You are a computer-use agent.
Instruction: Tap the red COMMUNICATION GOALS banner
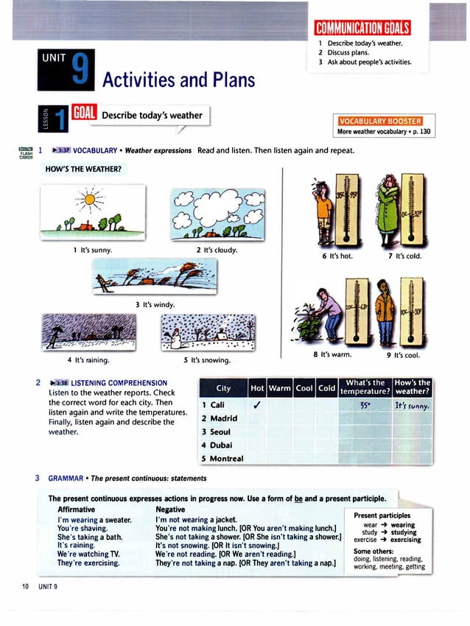(x=362, y=29)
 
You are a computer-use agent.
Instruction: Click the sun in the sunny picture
(x=90, y=198)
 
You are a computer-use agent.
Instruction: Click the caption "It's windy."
(x=155, y=304)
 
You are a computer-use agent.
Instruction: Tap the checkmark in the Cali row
(x=257, y=404)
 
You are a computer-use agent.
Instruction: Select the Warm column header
(x=279, y=387)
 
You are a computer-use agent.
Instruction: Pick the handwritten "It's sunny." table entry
(x=412, y=405)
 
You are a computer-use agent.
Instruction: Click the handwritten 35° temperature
(x=365, y=404)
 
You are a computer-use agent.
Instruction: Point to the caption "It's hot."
(x=337, y=256)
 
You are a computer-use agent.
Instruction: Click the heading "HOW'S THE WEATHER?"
(x=83, y=170)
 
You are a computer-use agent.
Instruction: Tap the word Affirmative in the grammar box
(x=76, y=509)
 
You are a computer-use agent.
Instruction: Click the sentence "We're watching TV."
(x=89, y=553)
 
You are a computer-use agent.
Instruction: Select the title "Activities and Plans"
(x=178, y=80)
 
